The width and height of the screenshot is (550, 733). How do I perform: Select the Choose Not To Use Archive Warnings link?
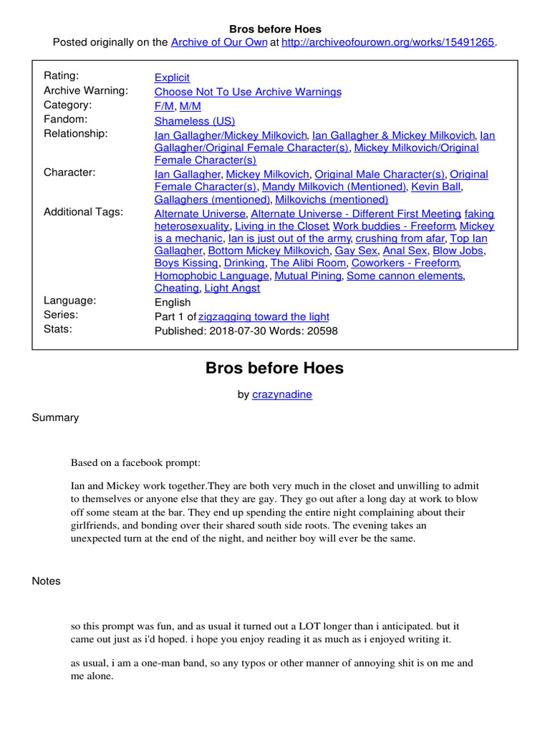[x=248, y=92]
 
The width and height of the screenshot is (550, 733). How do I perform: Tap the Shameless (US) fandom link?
[x=194, y=121]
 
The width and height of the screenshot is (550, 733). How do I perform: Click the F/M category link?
[x=164, y=106]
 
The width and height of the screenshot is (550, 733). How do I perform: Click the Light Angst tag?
[x=232, y=288]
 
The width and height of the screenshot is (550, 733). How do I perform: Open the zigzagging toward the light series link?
[x=264, y=316]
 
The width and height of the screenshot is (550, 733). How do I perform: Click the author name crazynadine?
[x=282, y=394]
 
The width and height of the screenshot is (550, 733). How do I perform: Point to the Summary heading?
[x=55, y=417]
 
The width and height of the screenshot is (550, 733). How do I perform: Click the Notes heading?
[x=47, y=581]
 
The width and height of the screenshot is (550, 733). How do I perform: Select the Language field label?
[x=69, y=301]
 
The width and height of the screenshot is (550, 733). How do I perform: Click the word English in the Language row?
[x=173, y=302]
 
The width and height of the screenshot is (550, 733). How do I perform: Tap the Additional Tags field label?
[x=83, y=212]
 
